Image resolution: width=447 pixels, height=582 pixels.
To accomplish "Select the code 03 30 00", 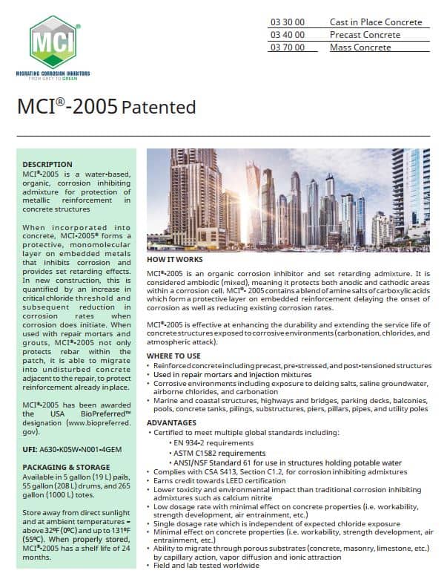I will coord(287,22).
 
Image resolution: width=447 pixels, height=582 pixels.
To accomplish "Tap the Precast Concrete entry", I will coord(365,35).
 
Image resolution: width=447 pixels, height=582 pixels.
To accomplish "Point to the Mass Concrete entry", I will coord(360,48).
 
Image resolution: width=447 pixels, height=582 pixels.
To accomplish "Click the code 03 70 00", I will coord(287,48).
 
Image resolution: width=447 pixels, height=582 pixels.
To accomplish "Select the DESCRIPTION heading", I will coord(47,164).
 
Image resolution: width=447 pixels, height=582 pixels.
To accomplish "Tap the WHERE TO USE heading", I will coord(175,356).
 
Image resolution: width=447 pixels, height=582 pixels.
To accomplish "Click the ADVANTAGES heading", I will coord(171,422).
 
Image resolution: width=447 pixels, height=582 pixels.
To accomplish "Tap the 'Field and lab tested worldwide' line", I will coord(206,566).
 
